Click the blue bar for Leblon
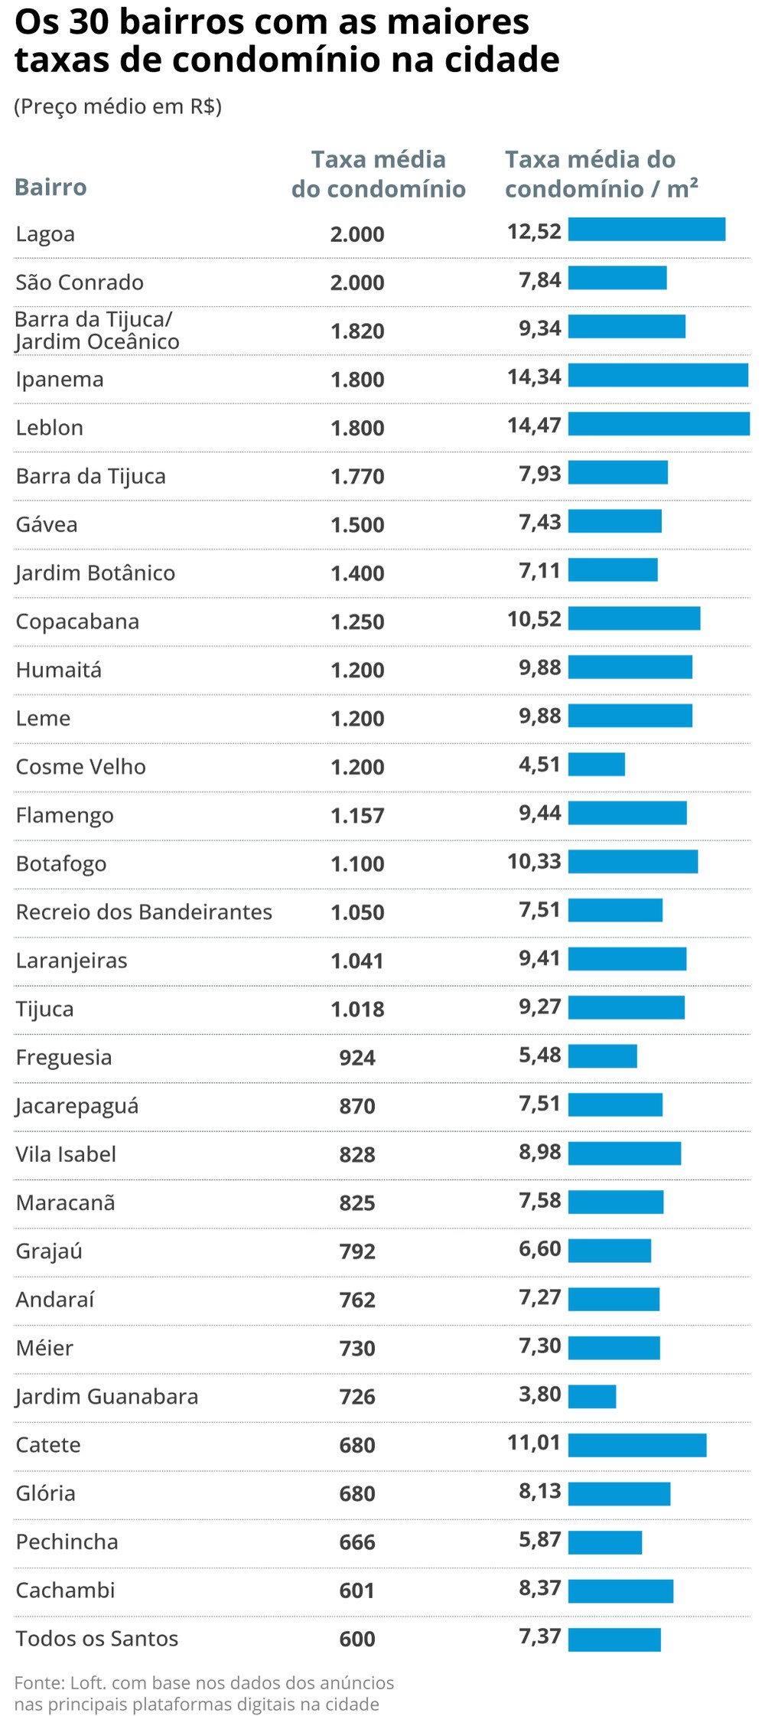tap(659, 424)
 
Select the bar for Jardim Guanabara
tap(592, 1396)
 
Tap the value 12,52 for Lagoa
tap(534, 231)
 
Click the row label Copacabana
tap(77, 621)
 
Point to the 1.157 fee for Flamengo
tap(357, 816)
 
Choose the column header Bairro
tap(51, 188)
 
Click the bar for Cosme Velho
tap(597, 764)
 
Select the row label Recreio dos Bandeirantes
tap(144, 912)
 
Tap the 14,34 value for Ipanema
tap(534, 377)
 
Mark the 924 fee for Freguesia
tap(357, 1058)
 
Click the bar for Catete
tap(637, 1445)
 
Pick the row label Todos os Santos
tap(97, 1639)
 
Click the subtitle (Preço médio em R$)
tap(118, 106)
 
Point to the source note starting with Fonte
tap(203, 1692)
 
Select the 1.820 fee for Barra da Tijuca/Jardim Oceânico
tap(357, 331)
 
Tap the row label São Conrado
tap(80, 282)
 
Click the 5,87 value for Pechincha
tap(540, 1539)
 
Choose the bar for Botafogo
tap(633, 861)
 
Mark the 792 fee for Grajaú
tap(357, 1251)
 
